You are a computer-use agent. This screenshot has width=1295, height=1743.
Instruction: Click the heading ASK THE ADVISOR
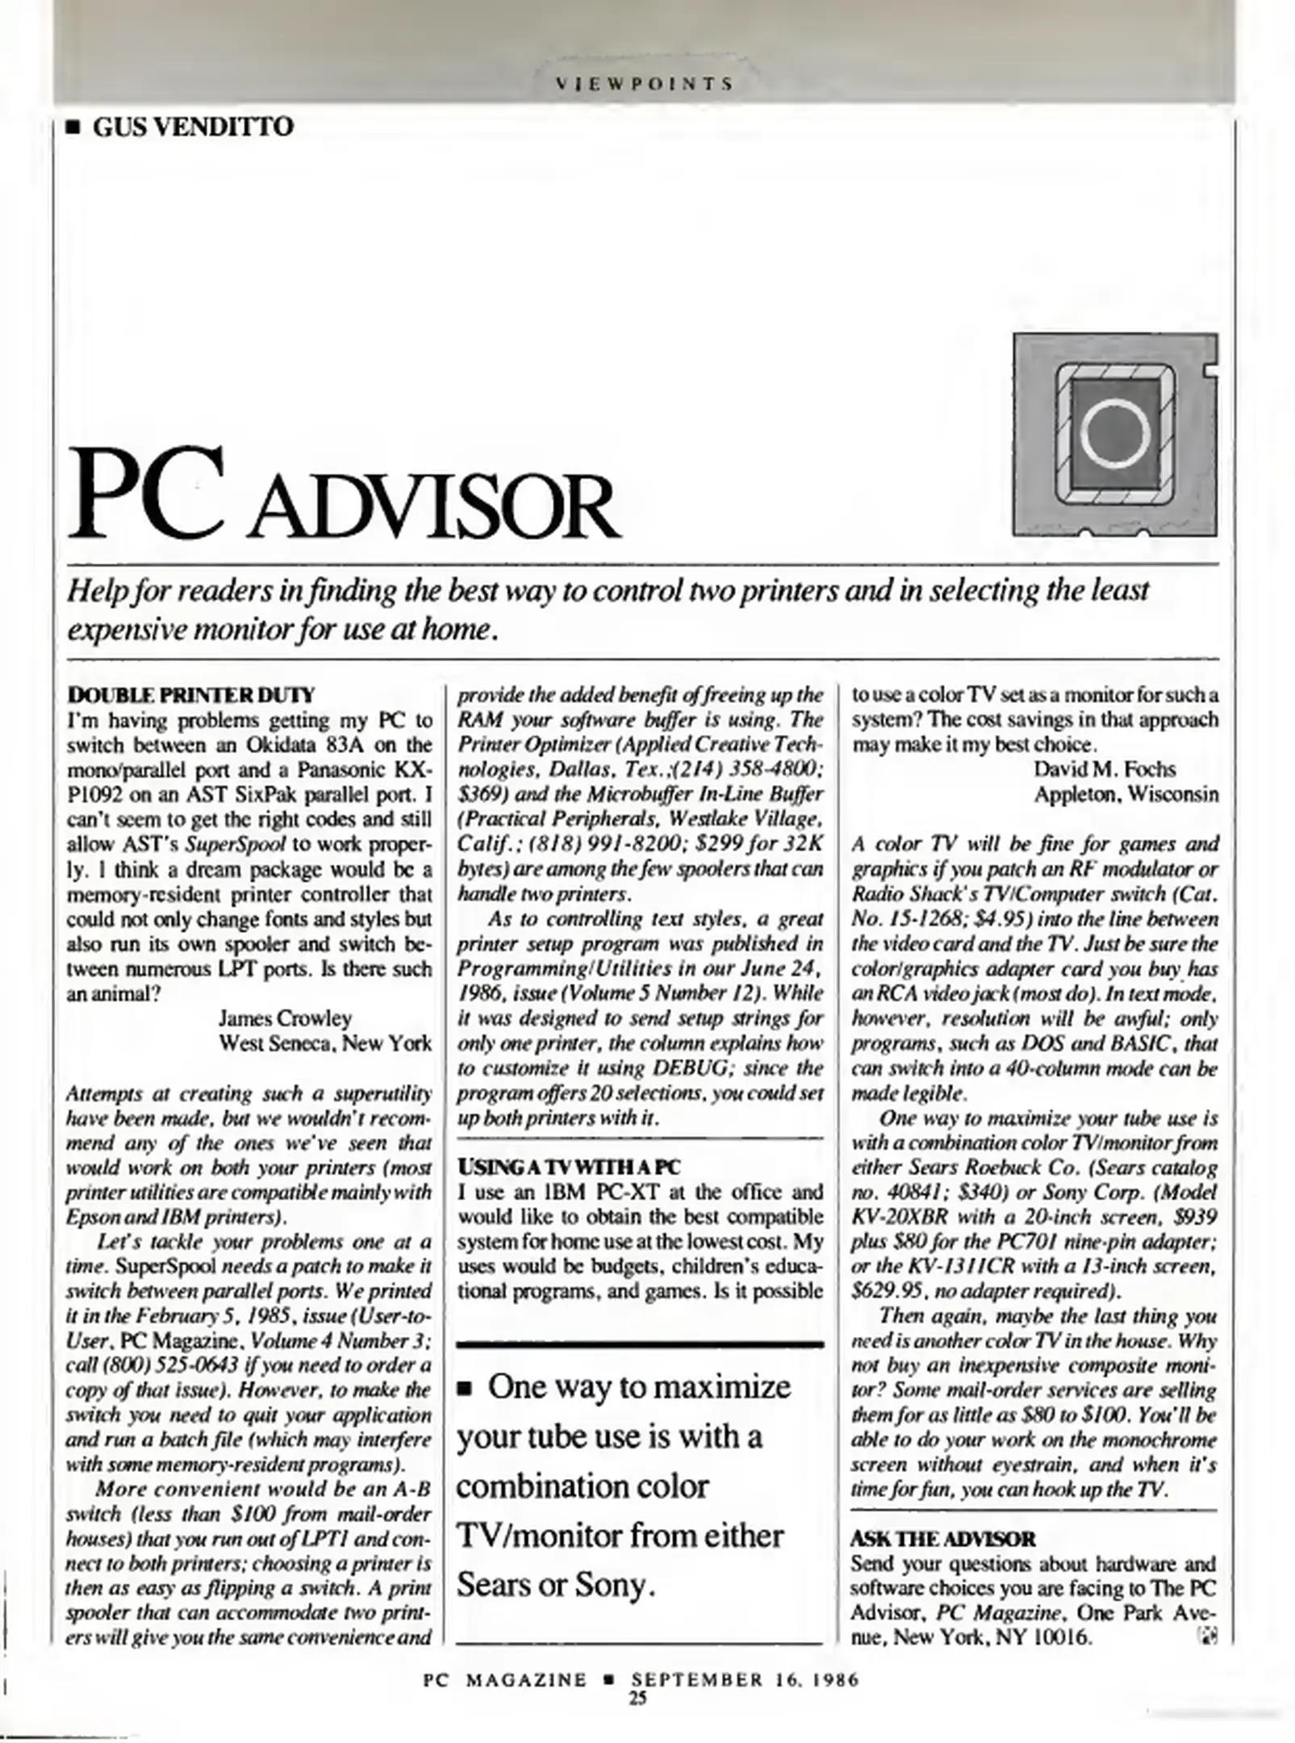[942, 1538]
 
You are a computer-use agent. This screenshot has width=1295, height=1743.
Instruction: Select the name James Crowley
[285, 1018]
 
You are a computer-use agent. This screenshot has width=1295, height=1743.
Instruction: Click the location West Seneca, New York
[325, 1043]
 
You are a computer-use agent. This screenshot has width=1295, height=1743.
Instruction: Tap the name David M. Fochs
[1104, 769]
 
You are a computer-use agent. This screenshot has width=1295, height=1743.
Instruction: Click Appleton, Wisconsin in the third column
[1126, 794]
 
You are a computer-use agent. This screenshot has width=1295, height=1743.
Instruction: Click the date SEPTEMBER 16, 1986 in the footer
[745, 1680]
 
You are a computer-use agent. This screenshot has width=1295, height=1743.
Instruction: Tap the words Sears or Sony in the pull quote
[554, 1586]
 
